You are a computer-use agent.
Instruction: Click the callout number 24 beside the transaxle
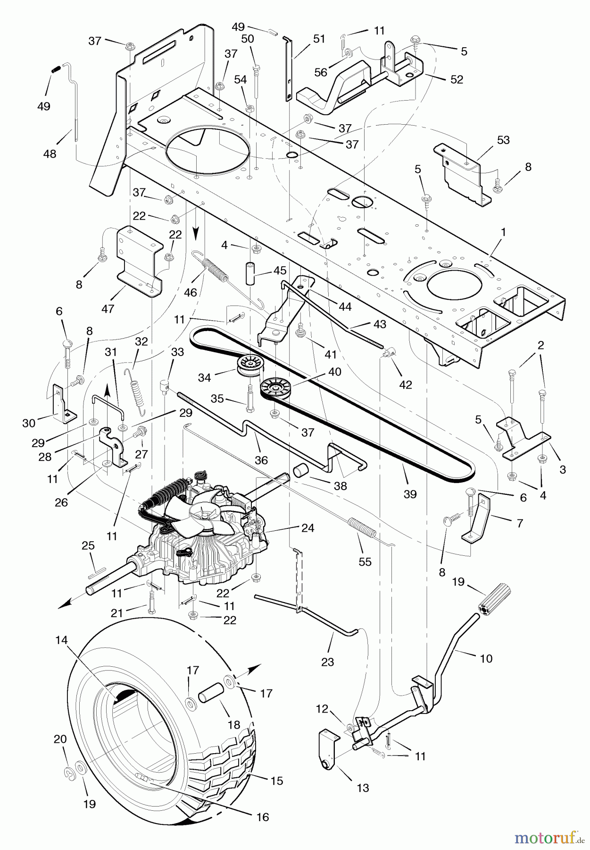[x=307, y=528]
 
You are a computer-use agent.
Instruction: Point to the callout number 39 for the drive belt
[x=410, y=494]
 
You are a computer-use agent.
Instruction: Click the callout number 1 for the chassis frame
[x=503, y=232]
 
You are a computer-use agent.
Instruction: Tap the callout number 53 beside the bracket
[x=503, y=140]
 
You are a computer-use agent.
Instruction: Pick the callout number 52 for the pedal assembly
[x=457, y=79]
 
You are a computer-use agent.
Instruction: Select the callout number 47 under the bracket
[x=108, y=308]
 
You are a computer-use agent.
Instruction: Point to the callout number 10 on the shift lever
[x=486, y=658]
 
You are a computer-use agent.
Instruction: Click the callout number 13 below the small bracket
[x=363, y=788]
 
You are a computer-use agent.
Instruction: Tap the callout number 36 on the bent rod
[x=261, y=460]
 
